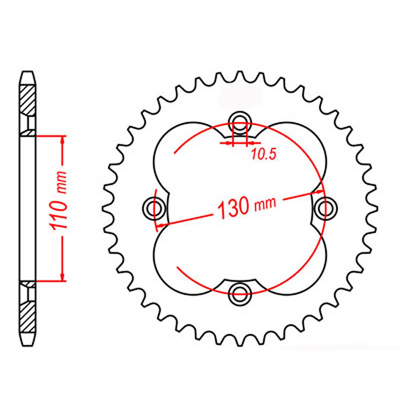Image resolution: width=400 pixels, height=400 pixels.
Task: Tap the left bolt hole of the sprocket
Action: point(153,208)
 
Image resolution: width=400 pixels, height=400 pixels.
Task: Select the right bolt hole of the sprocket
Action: point(326,208)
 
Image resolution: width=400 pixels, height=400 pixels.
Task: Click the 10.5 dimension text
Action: point(263,154)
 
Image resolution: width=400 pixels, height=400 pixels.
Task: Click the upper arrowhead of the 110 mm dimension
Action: point(62,140)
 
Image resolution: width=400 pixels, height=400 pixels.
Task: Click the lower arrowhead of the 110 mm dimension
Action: point(62,277)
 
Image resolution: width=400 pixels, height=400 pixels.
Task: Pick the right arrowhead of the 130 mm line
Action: point(320,192)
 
